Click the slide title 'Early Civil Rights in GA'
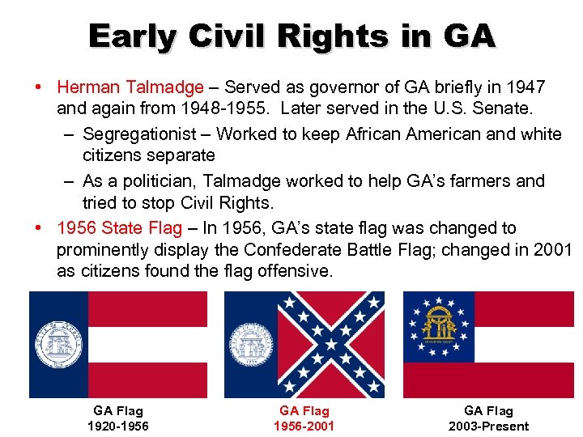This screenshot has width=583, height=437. click(291, 36)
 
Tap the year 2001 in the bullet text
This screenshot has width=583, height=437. click(552, 250)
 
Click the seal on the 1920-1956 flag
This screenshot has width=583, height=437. click(58, 344)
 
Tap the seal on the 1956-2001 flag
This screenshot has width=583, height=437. click(252, 345)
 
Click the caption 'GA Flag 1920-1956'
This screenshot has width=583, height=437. click(118, 418)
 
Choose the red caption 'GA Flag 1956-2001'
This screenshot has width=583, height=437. click(304, 418)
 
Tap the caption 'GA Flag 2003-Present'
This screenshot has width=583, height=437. click(488, 418)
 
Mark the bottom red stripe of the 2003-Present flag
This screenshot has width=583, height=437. click(488, 380)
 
